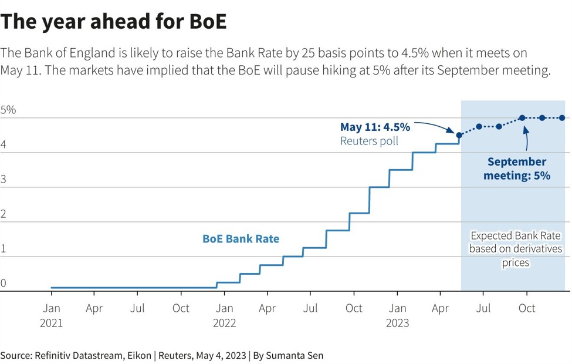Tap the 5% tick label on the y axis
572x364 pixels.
pos(8,110)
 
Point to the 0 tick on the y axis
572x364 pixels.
pos(4,283)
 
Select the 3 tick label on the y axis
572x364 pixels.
pos(4,180)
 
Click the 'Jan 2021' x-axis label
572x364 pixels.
pos(51,315)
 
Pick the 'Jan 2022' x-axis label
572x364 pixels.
pos(224,315)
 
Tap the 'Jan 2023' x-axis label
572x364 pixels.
pos(397,315)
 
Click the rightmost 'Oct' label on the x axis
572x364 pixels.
pos(527,308)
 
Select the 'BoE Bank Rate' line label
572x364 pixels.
pos(241,239)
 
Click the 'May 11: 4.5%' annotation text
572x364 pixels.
pos(375,127)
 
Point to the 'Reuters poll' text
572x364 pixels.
pos(369,141)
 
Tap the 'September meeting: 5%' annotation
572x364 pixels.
pos(516,168)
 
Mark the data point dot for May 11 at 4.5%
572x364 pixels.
pos(459,135)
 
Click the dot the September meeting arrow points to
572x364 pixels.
pos(522,118)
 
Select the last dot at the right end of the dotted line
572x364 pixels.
pos(562,118)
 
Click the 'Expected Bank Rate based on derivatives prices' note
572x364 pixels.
pos(515,249)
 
